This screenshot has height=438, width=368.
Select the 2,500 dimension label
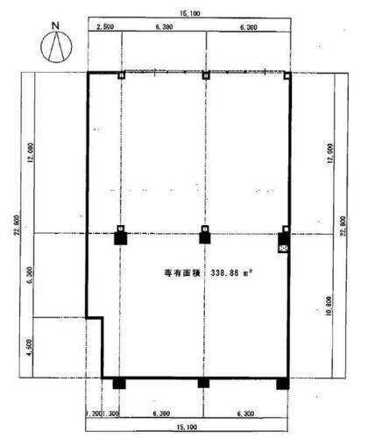pyautogui.click(x=104, y=27)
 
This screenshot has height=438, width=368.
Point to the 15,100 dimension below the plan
pyautogui.click(x=188, y=427)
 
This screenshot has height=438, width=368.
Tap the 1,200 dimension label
pyautogui.click(x=94, y=412)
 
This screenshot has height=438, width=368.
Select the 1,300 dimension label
pyautogui.click(x=111, y=412)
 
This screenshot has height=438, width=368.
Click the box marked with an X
pyautogui.click(x=283, y=249)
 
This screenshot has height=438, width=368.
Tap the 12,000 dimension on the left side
pyautogui.click(x=31, y=154)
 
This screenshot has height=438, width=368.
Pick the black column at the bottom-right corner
pyautogui.click(x=282, y=383)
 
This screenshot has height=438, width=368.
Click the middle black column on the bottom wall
pyautogui.click(x=203, y=383)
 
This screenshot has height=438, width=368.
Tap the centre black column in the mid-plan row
pyautogui.click(x=204, y=237)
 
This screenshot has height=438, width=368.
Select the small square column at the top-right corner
pyautogui.click(x=286, y=75)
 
